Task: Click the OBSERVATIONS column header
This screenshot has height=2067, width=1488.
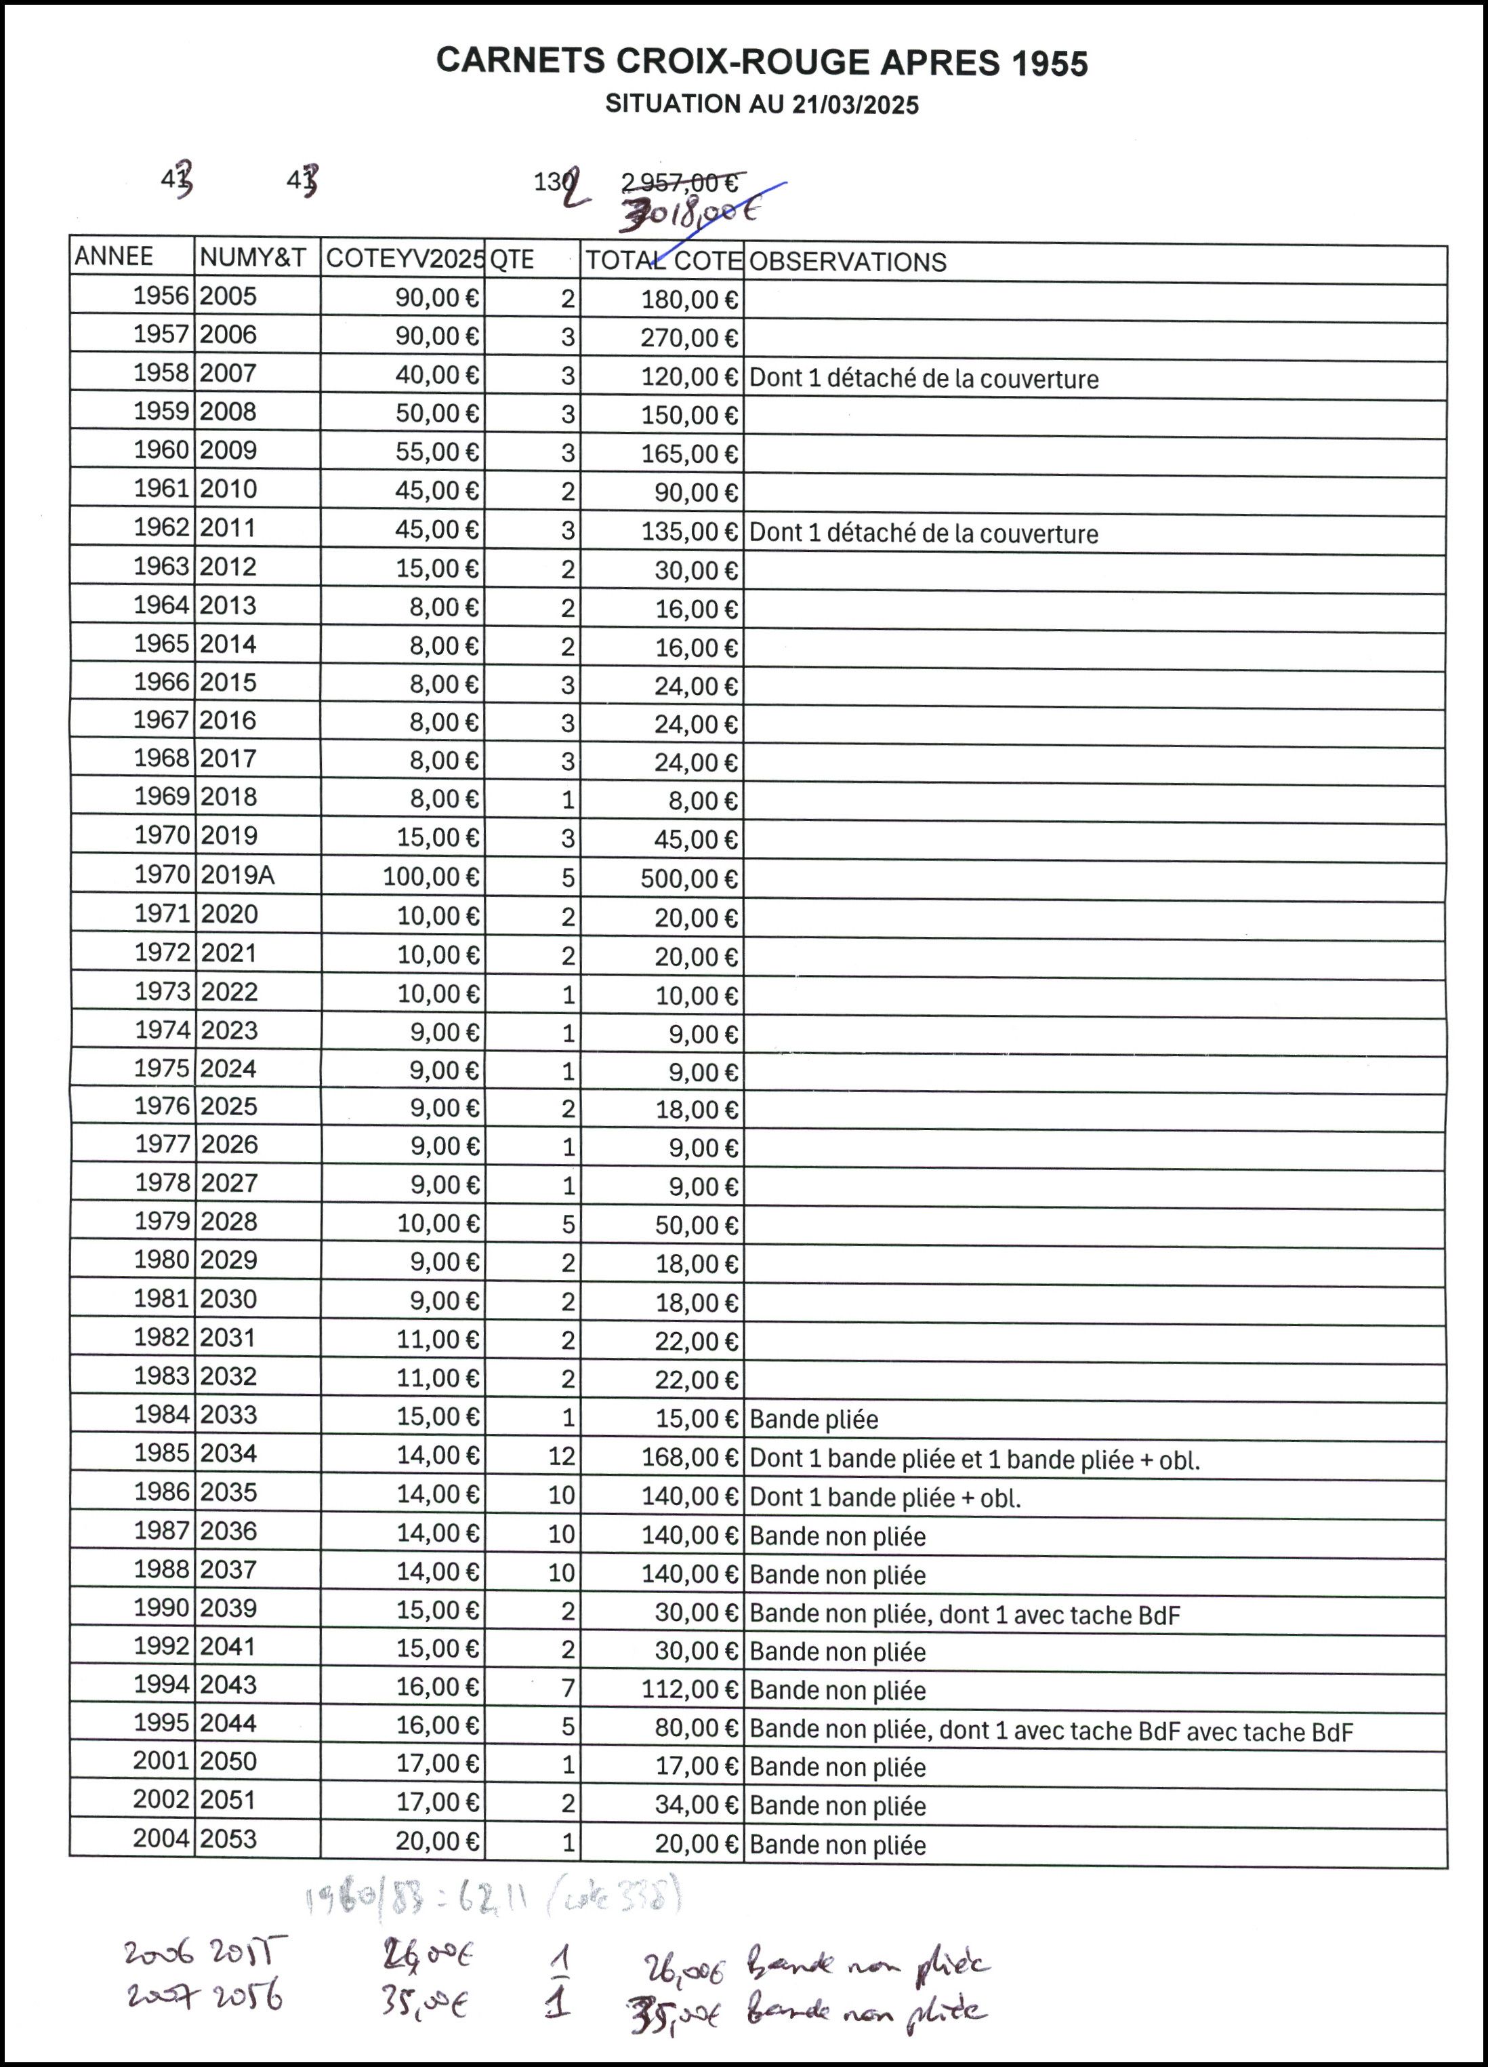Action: [848, 262]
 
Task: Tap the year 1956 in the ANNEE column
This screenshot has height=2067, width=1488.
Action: [161, 296]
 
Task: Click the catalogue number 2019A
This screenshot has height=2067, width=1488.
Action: [237, 875]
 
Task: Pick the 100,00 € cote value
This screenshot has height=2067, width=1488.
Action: [430, 877]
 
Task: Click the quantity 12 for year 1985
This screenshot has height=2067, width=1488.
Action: [561, 1456]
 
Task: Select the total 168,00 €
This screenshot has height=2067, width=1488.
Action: [689, 1458]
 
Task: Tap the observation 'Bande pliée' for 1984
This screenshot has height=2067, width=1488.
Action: [814, 1419]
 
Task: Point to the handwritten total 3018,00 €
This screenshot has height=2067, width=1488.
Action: [689, 214]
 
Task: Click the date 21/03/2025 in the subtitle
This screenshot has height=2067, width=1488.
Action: [854, 105]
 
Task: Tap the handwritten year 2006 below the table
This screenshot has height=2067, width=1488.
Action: [159, 1953]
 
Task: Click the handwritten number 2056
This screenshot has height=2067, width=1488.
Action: [248, 1998]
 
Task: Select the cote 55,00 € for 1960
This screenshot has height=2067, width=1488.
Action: [436, 452]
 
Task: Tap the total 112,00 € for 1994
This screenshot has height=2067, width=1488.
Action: [689, 1689]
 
